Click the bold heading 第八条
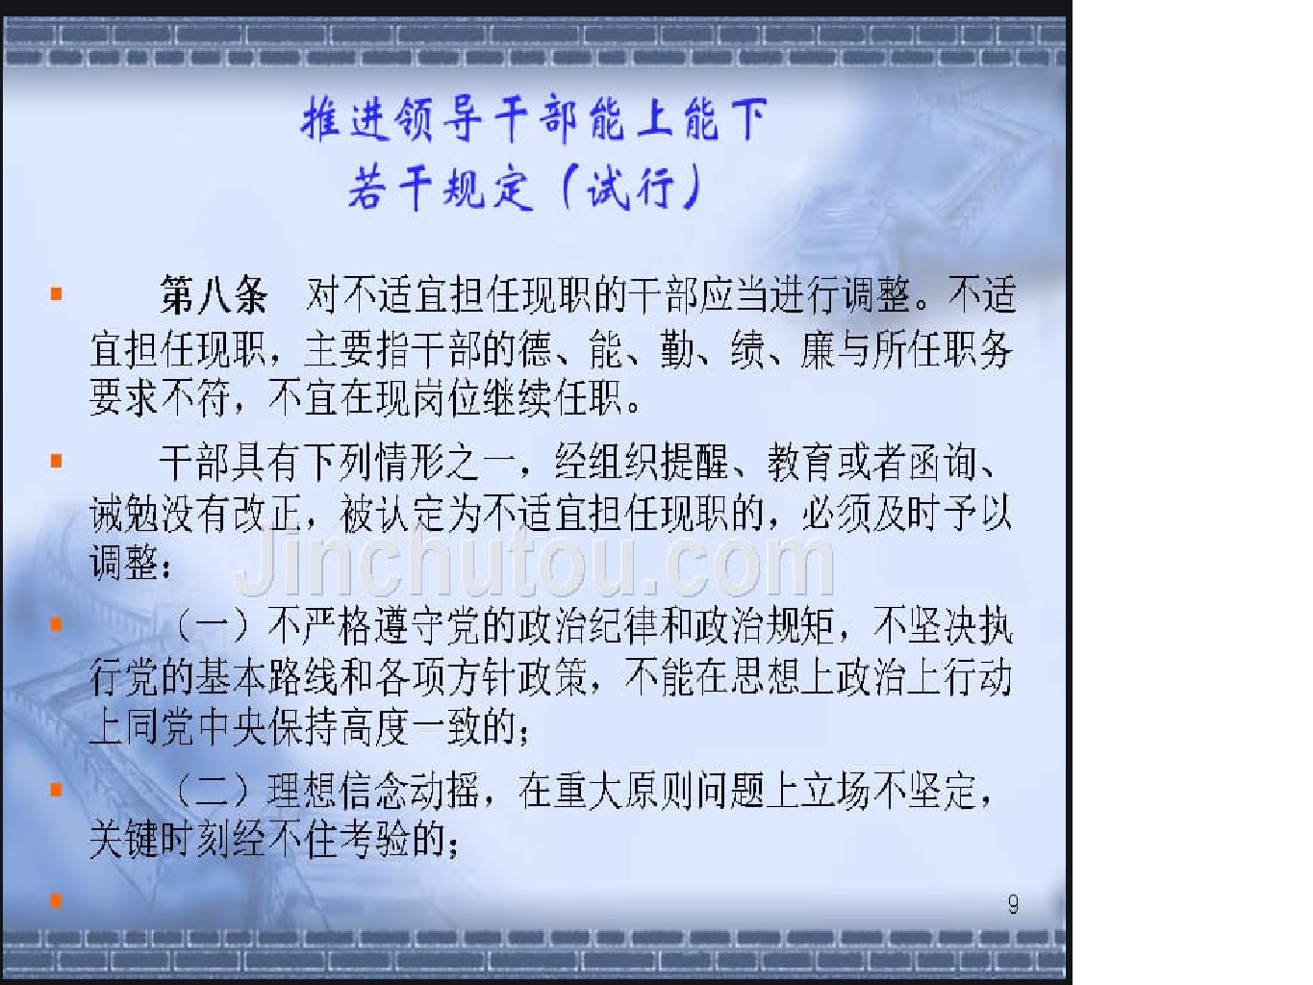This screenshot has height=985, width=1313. coord(214,295)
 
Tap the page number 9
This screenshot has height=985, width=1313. coord(1013,903)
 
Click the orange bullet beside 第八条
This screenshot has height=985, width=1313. coord(56,293)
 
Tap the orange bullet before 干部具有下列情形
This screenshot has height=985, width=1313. coord(56,461)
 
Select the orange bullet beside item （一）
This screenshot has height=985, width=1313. coord(56,625)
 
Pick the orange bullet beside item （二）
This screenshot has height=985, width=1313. coord(56,790)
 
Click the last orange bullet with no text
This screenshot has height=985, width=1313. coord(56,900)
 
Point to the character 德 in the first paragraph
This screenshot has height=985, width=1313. coord(534,348)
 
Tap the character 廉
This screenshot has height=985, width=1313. coord(818,348)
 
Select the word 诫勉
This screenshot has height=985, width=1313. coord(124,515)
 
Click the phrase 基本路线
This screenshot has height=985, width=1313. coord(266,678)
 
